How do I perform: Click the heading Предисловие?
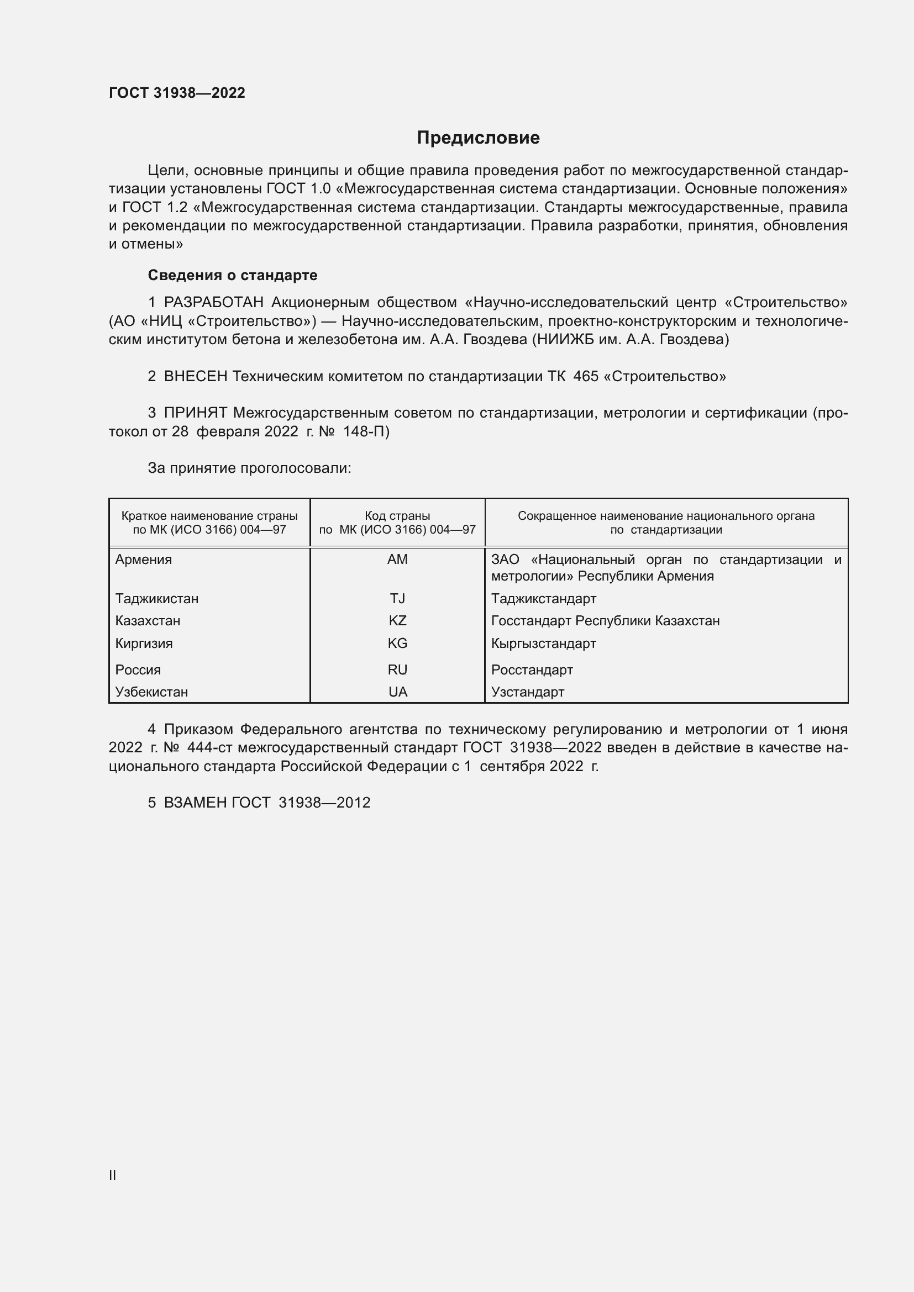click(478, 138)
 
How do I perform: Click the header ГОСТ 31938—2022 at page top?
click(177, 93)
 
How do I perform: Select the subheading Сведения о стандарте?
click(232, 275)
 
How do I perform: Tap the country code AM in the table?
click(397, 560)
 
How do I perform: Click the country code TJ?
click(397, 598)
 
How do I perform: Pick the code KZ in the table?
click(397, 621)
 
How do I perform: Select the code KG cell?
click(397, 643)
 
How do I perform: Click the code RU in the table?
click(397, 669)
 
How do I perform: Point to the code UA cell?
click(397, 692)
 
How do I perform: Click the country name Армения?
click(144, 560)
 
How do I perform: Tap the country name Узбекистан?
click(151, 692)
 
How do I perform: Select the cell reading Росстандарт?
click(532, 669)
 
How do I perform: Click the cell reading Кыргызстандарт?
click(543, 643)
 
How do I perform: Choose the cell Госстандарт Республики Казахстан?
click(605, 621)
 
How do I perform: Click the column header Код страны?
click(397, 515)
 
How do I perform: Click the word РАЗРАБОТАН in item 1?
click(213, 303)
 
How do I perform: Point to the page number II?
click(113, 1175)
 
